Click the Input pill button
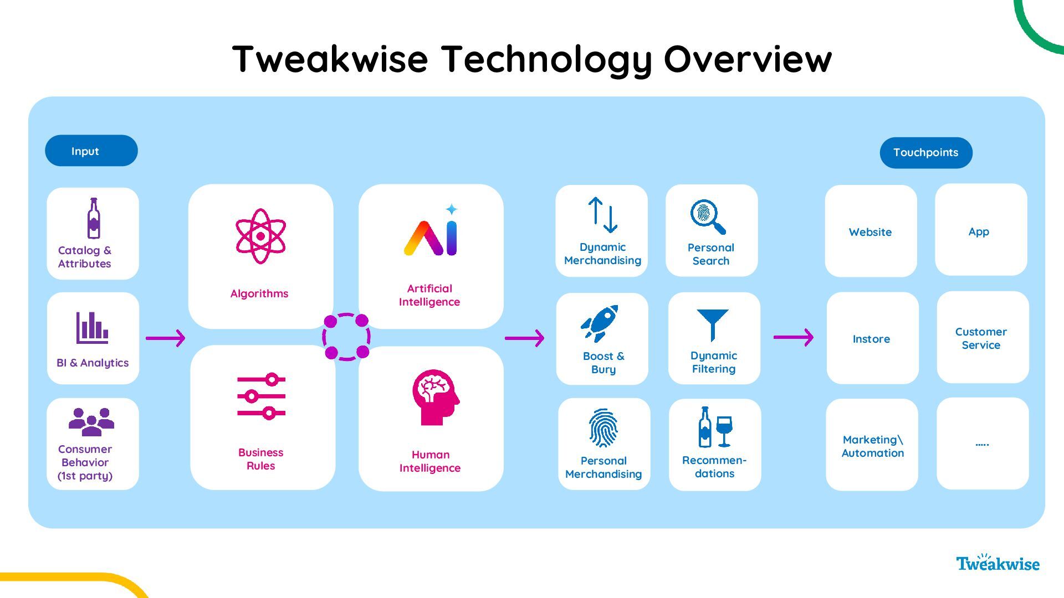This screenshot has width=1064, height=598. [x=91, y=151]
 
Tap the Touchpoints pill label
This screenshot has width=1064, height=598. [x=925, y=153]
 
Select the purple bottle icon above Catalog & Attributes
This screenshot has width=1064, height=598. [x=94, y=218]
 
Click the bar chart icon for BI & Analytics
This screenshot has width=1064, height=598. [x=92, y=327]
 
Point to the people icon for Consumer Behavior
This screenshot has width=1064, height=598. [x=91, y=422]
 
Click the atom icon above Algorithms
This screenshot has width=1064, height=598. [x=260, y=236]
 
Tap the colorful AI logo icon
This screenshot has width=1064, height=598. [x=432, y=233]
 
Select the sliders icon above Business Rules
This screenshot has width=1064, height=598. [x=262, y=396]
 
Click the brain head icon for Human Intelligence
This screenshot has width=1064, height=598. [x=435, y=397]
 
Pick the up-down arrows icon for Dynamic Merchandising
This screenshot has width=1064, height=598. [x=602, y=215]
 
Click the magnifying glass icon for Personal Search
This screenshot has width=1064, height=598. [x=708, y=217]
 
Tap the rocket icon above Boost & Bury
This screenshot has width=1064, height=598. [x=600, y=323]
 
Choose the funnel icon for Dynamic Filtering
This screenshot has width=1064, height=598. [x=712, y=325]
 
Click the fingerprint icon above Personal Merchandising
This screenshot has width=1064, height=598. [x=603, y=428]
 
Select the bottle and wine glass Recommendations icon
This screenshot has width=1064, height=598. [x=715, y=427]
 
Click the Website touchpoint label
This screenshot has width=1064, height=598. [x=870, y=232]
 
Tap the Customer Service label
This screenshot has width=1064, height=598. [x=981, y=338]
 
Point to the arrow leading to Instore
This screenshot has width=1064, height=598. [x=793, y=337]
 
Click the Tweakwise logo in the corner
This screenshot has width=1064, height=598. [x=997, y=563]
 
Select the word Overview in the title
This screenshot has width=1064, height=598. [x=748, y=59]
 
